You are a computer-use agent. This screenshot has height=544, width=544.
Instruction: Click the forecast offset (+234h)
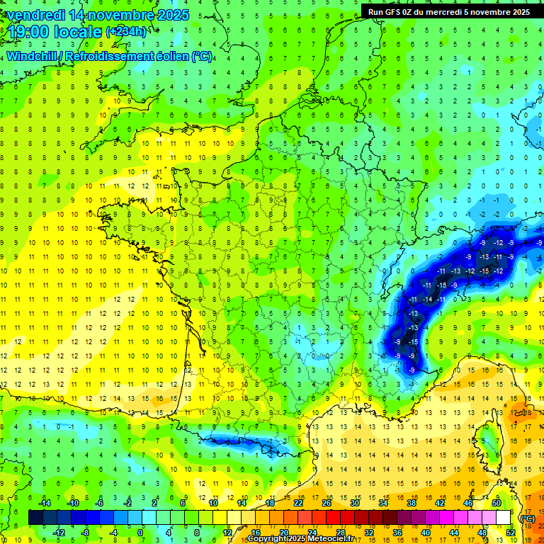pos(127,31)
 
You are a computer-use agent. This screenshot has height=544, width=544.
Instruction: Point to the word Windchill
pos(33,56)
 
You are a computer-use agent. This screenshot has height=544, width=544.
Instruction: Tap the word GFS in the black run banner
pos(396,11)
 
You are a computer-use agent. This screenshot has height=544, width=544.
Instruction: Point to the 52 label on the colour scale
pos(510,533)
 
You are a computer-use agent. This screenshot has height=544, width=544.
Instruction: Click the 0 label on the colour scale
pos(140,533)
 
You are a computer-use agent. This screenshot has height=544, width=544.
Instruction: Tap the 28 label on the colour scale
pos(340,533)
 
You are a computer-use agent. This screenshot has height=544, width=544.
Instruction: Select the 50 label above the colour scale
pos(497,503)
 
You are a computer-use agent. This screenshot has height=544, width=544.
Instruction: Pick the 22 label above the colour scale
pos(298,503)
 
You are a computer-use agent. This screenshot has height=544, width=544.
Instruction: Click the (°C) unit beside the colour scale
pos(528,518)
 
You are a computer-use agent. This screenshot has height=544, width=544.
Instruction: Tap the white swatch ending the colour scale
pos(504,518)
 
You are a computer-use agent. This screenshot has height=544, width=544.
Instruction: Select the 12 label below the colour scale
pos(227,533)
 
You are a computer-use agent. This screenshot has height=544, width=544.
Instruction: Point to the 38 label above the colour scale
pos(412,503)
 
